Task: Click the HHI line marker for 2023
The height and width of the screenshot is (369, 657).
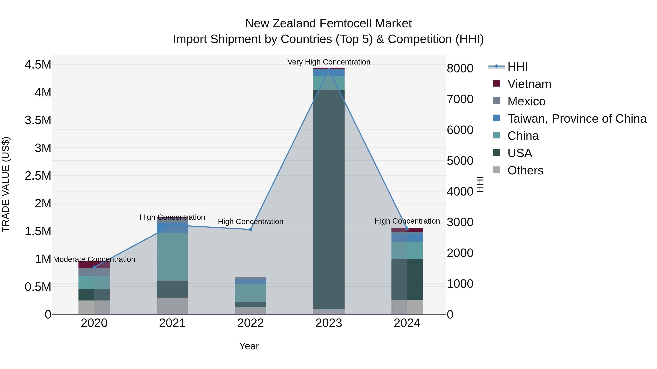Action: click(x=329, y=69)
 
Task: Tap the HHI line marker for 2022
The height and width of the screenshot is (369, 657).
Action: click(x=250, y=229)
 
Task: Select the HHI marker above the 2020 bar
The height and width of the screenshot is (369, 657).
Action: click(x=94, y=267)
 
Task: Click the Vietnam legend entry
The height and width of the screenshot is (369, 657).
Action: click(x=529, y=84)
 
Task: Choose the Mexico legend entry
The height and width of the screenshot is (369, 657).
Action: click(x=526, y=101)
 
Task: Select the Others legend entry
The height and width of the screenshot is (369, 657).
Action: click(x=525, y=170)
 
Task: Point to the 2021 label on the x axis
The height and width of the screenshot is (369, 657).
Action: click(x=172, y=323)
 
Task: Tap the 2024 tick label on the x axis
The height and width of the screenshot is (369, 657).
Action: click(x=407, y=323)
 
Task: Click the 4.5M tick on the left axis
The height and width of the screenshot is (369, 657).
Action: click(x=38, y=65)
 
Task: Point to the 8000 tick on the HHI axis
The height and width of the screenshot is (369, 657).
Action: click(x=460, y=68)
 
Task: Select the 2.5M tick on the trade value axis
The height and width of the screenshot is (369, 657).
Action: click(x=38, y=176)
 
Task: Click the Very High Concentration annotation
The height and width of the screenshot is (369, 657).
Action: click(x=329, y=62)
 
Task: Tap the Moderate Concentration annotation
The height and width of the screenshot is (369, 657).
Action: click(x=94, y=259)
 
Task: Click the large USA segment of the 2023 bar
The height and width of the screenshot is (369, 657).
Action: click(x=329, y=199)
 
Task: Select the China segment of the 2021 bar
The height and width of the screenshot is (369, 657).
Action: click(x=172, y=257)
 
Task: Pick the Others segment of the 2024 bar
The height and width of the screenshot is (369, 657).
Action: click(x=407, y=307)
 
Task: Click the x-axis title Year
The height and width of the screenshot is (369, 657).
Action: click(x=249, y=346)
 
